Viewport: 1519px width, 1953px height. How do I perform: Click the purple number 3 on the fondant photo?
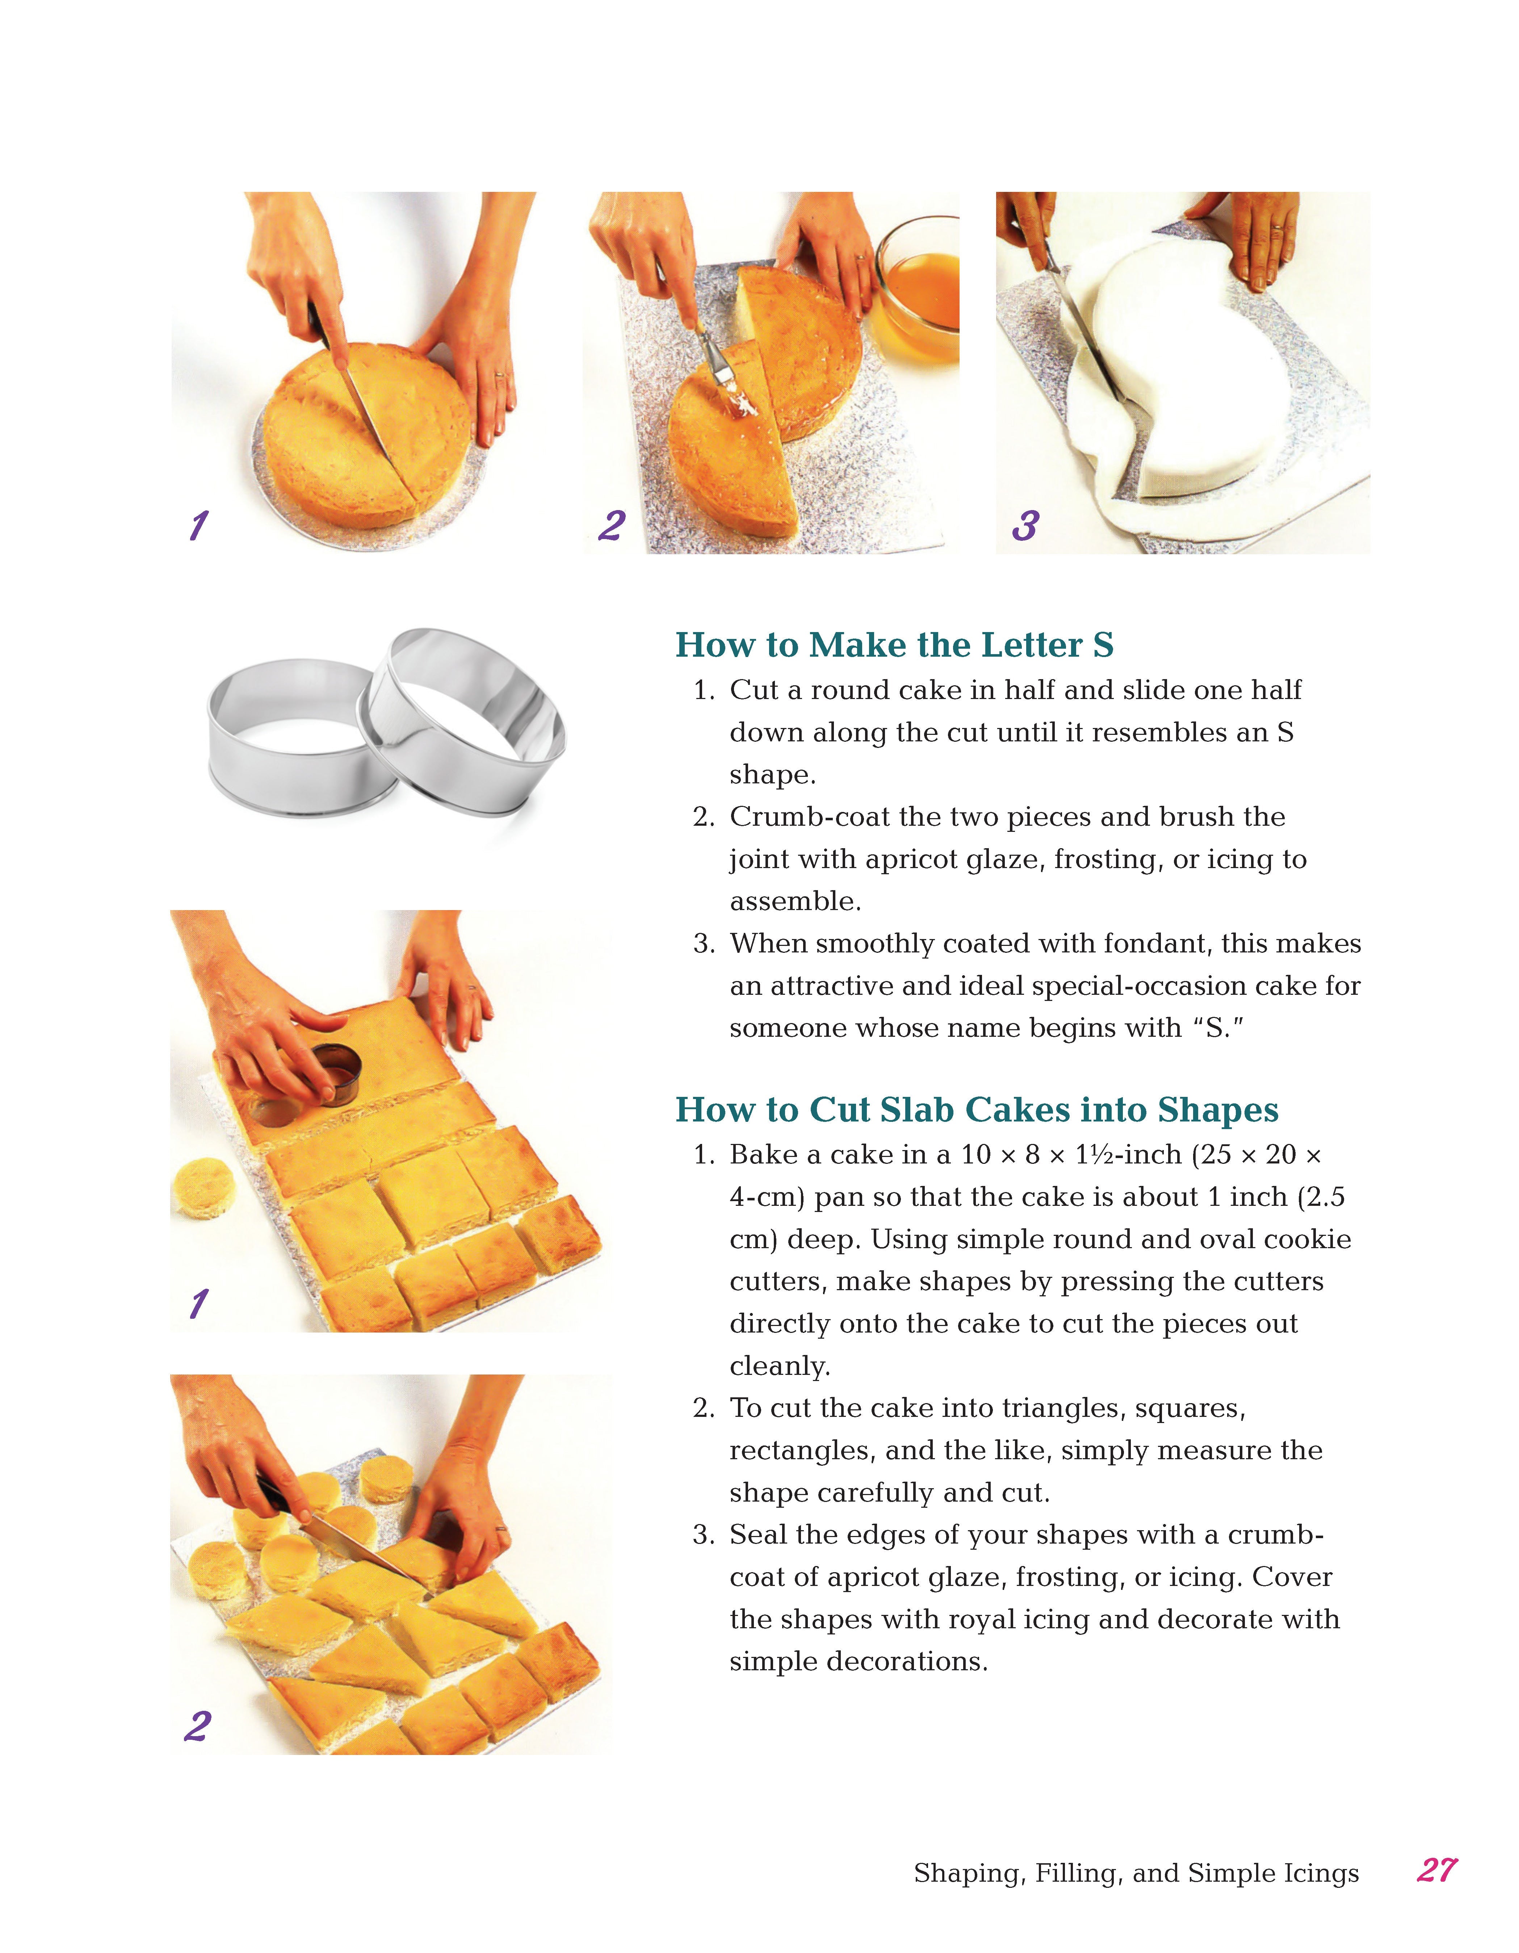1025,526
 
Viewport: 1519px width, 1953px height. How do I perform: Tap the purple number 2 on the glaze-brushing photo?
612,526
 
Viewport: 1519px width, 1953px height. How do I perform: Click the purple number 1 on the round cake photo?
198,526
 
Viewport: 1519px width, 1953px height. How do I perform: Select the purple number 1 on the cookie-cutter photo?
198,1304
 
